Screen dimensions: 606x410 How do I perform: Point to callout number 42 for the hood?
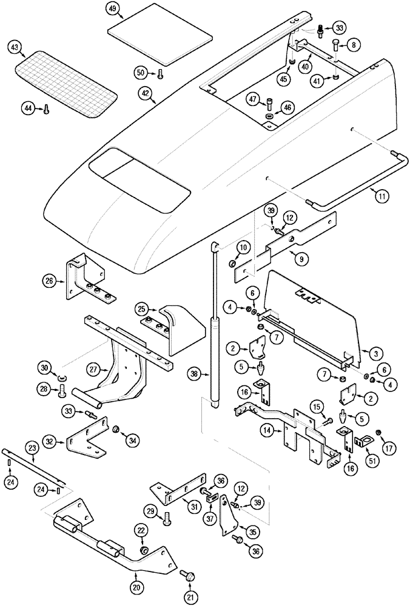click(146, 94)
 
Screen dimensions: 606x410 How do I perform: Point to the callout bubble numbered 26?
click(50, 280)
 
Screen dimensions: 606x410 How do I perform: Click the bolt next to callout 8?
click(335, 44)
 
